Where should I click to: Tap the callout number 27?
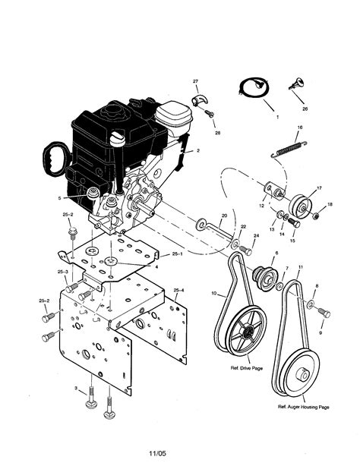(x=195, y=80)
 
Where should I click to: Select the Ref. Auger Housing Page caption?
(x=303, y=407)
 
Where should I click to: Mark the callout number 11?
(x=302, y=267)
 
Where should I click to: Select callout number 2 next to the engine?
(x=198, y=150)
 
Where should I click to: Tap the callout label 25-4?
(x=178, y=291)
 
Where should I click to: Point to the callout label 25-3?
(x=62, y=272)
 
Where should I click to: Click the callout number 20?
(x=225, y=216)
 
